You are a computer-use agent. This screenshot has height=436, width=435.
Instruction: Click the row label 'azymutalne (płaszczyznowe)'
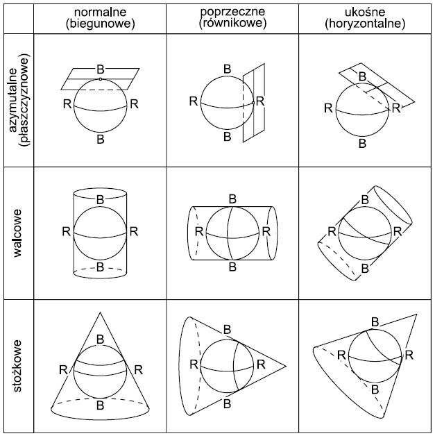[18, 99]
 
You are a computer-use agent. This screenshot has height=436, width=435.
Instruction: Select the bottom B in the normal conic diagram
[101, 403]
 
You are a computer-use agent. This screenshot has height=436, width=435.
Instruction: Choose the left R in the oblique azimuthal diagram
[326, 108]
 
